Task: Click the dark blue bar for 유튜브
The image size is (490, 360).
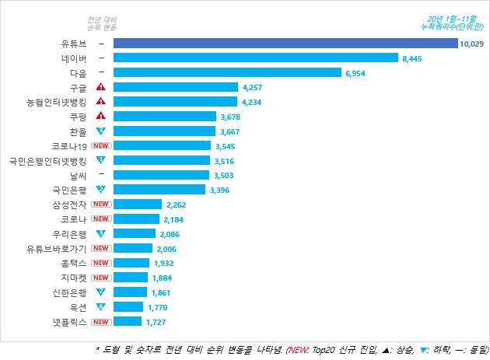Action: [285, 44]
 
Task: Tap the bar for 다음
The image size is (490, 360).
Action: [227, 72]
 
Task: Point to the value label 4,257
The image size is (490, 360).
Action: [254, 87]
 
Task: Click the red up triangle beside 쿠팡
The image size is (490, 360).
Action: [101, 116]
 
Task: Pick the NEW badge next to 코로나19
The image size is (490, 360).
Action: [101, 145]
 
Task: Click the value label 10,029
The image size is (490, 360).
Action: [472, 44]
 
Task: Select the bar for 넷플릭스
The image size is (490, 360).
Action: [128, 321]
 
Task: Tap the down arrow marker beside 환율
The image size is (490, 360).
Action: [101, 131]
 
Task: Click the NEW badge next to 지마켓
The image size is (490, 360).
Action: [101, 277]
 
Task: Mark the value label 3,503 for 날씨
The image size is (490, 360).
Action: [223, 175]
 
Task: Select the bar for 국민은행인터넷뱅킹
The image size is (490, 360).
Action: [162, 160]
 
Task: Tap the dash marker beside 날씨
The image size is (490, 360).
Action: [101, 175]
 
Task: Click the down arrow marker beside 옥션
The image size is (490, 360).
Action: [101, 306]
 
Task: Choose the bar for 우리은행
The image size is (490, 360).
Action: [134, 233]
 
